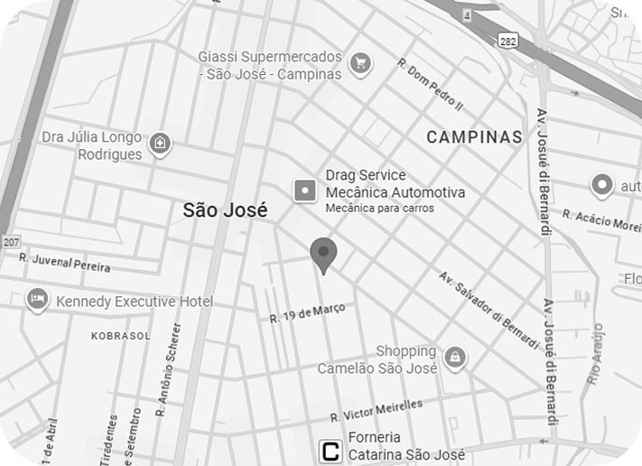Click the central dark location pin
pyautogui.click(x=323, y=255)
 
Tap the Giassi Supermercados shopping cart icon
pyautogui.click(x=360, y=62)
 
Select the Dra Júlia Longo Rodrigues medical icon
pyautogui.click(x=160, y=144)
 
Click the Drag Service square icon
pyautogui.click(x=305, y=190)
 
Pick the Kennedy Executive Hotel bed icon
pyautogui.click(x=37, y=300)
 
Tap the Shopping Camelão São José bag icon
pyautogui.click(x=455, y=356)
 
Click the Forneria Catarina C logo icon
pyautogui.click(x=331, y=451)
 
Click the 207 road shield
pyautogui.click(x=11, y=242)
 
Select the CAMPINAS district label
pyautogui.click(x=474, y=137)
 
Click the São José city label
pyautogui.click(x=225, y=210)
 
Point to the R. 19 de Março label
pyautogui.click(x=307, y=312)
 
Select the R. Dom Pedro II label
pyautogui.click(x=430, y=85)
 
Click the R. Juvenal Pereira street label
pyautogui.click(x=65, y=263)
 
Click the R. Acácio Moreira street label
pyautogui.click(x=600, y=220)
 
